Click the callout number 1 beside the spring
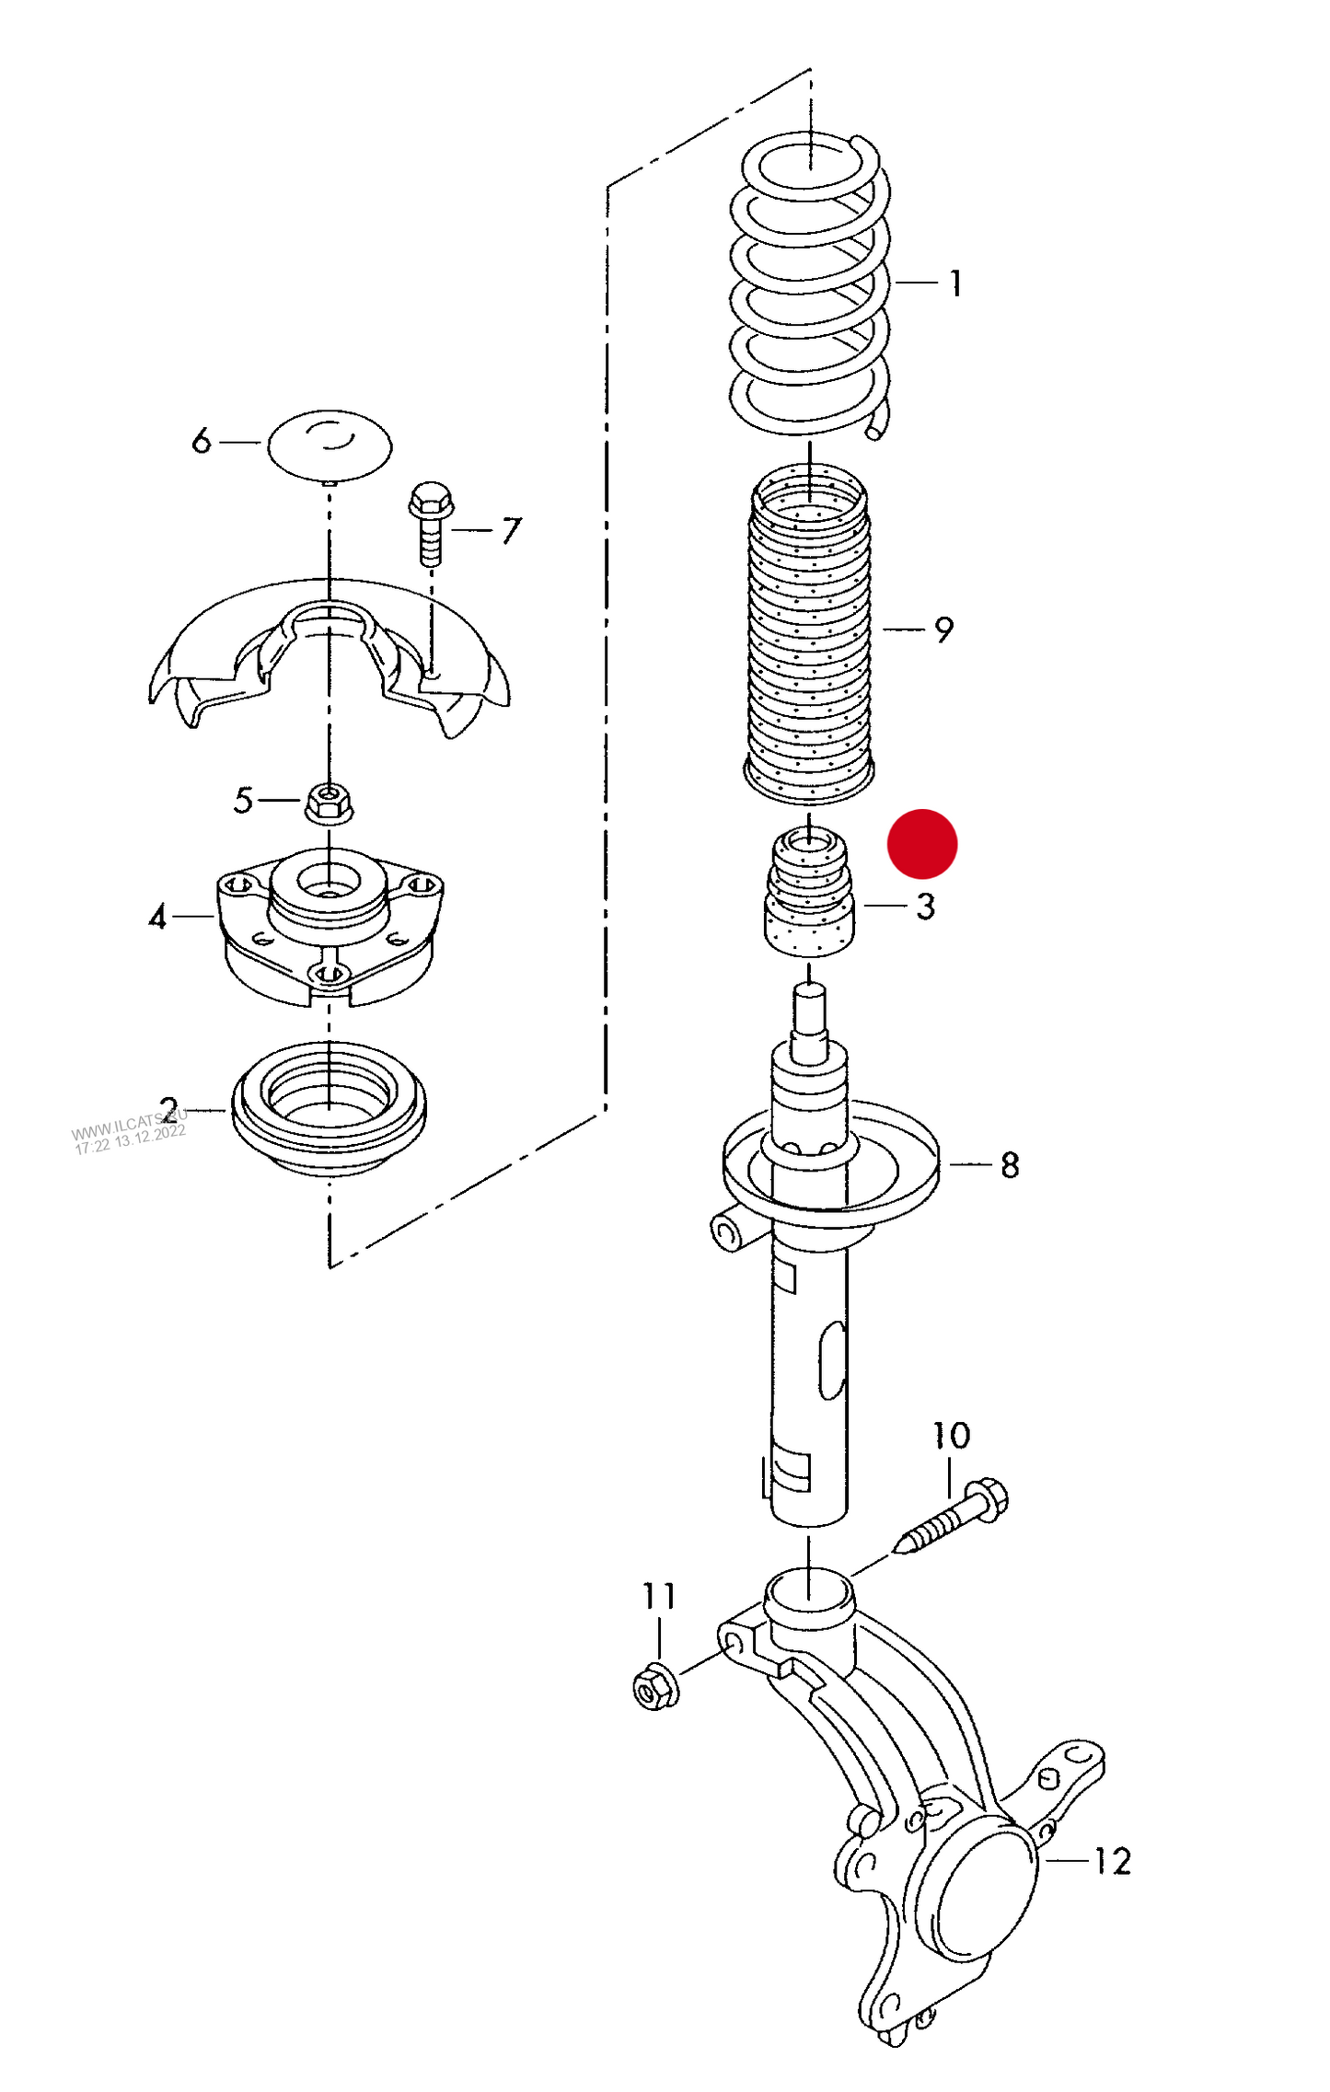(x=956, y=283)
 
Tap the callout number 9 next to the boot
(x=943, y=630)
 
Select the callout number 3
(x=925, y=907)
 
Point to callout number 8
(x=1010, y=1165)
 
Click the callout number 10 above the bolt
(x=951, y=1435)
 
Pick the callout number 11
(x=659, y=1595)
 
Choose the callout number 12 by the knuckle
(x=1112, y=1861)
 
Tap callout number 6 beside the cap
(x=202, y=441)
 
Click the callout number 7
(x=511, y=531)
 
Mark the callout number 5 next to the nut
(x=243, y=800)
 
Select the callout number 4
(x=158, y=917)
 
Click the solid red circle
(x=922, y=843)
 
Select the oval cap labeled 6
(x=330, y=445)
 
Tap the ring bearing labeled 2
(x=329, y=1108)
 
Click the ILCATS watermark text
(x=130, y=1132)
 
